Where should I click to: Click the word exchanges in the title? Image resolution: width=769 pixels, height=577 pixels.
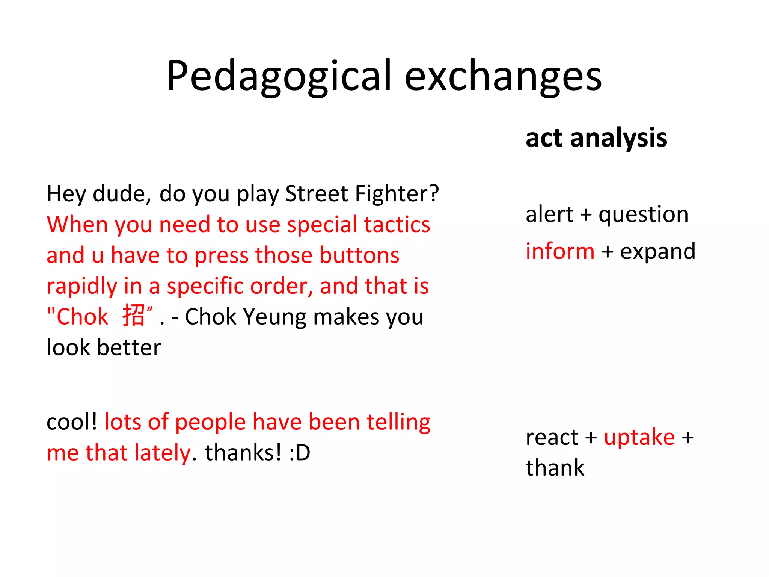pos(503,76)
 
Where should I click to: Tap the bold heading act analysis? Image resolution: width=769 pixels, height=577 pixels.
pos(596,138)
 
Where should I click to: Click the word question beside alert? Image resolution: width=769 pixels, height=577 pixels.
pos(643,215)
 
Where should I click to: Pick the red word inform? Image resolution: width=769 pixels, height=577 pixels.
pos(560,251)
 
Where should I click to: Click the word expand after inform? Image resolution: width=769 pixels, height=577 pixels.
pos(657,252)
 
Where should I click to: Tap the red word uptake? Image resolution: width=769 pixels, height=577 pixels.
pos(639,437)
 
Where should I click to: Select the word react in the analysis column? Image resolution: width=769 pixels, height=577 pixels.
pos(552,437)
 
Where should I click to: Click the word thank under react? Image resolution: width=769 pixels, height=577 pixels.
pos(555,468)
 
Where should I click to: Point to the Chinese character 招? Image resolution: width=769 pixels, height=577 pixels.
pos(134,315)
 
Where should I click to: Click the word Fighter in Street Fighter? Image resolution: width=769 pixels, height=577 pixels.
pos(397,194)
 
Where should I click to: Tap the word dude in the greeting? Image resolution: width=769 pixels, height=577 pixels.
pos(121,194)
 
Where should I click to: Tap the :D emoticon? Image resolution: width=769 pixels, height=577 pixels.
pos(300,453)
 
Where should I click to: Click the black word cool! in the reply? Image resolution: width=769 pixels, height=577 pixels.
pos(72,422)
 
